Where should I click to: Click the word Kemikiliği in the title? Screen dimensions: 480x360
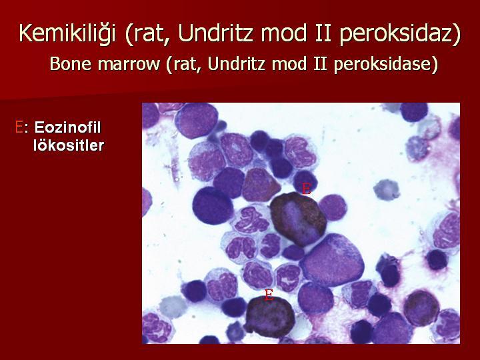(67, 33)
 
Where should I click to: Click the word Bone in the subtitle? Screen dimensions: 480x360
(71, 64)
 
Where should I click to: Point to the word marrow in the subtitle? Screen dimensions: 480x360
(129, 65)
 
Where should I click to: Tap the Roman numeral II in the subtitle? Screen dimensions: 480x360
(320, 64)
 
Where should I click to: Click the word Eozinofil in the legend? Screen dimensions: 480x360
(67, 127)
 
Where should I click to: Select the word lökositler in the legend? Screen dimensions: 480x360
(69, 145)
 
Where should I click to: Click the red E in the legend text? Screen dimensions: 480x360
(19, 127)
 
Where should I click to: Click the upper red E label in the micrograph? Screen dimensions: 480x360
(307, 189)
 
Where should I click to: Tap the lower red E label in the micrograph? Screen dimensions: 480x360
(269, 295)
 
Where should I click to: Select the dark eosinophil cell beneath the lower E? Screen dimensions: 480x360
(269, 317)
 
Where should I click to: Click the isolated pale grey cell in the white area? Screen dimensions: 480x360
(387, 190)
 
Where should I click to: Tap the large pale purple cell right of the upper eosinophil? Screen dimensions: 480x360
(332, 260)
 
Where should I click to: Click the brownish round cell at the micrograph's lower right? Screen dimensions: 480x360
(421, 308)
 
